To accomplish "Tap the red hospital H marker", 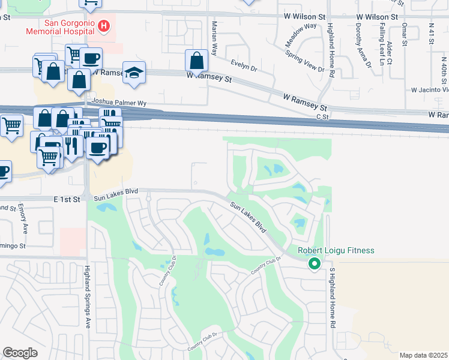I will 104,26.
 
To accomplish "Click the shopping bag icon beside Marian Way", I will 196,61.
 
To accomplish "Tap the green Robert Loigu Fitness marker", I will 313,263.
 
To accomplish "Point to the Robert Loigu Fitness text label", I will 336,250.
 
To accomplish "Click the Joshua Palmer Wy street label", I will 119,103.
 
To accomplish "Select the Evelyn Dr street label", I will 244,65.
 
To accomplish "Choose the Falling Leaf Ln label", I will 382,46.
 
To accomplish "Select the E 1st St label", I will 67,199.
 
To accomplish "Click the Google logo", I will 20,353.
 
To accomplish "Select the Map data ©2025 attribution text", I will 423,355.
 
